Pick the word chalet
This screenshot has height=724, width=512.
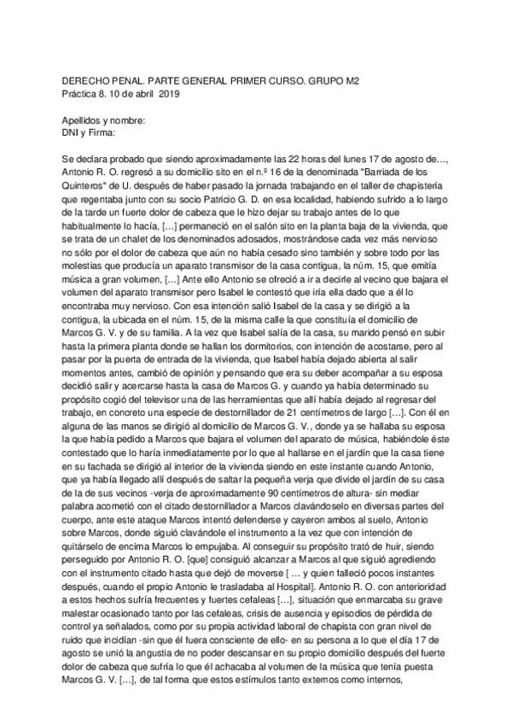132,243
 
